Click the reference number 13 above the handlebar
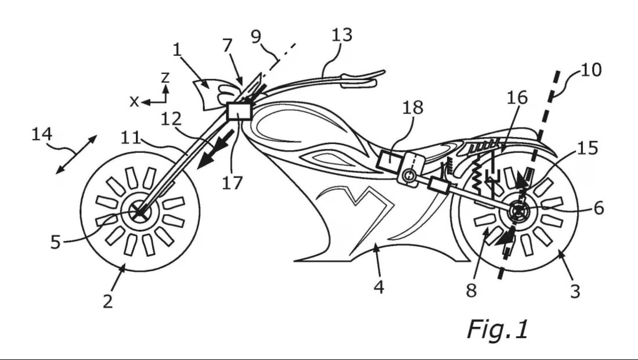(342, 35)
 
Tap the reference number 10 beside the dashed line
(591, 70)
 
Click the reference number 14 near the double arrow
(42, 135)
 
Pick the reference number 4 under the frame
(379, 286)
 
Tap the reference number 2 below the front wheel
(108, 301)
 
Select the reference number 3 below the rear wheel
(574, 290)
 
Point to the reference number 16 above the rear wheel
(516, 98)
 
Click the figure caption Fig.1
(498, 329)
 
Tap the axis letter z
(165, 77)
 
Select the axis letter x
(134, 102)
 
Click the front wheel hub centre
(139, 213)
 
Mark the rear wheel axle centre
(516, 213)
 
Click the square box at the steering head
(239, 110)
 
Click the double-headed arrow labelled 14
(76, 154)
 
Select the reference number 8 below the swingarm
(471, 290)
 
